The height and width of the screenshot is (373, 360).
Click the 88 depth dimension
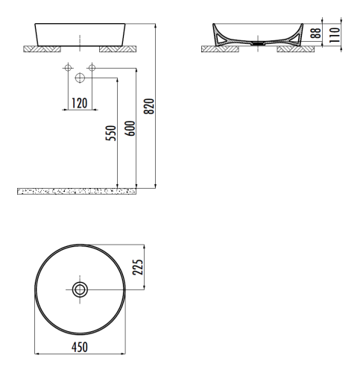(x=315, y=34)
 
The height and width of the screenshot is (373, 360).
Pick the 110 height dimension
(x=335, y=34)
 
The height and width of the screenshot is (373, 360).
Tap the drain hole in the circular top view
(x=79, y=289)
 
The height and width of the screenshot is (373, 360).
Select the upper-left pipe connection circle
(x=68, y=69)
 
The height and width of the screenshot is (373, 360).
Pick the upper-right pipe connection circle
(x=91, y=69)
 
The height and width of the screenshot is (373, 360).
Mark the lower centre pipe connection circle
(x=80, y=78)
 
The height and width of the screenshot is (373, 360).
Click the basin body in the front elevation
(x=79, y=34)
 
